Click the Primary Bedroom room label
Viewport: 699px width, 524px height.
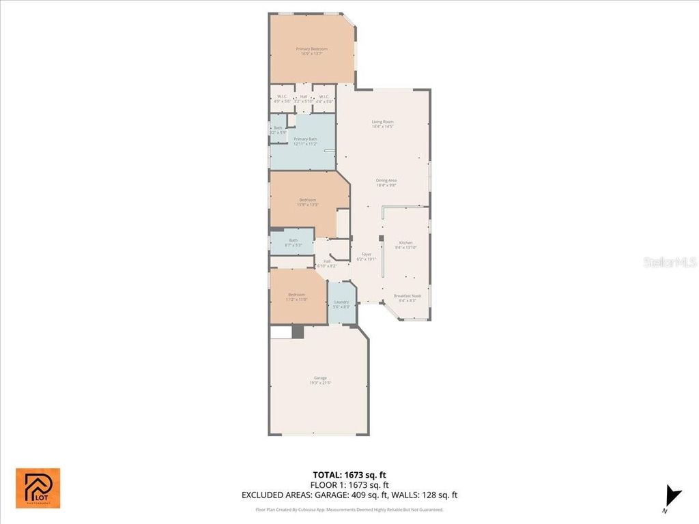tap(311, 51)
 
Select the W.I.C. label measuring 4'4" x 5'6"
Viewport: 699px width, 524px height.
tap(324, 98)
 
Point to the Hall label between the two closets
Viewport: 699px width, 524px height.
tap(303, 98)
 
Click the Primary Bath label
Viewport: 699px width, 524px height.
tap(305, 141)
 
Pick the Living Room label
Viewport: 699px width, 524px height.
tap(382, 124)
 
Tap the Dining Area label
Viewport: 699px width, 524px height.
tap(386, 182)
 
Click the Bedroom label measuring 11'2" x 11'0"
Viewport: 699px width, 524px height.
tap(296, 297)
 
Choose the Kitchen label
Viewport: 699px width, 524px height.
tap(405, 245)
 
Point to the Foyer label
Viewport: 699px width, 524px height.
tap(367, 257)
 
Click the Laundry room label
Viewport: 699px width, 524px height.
tap(341, 304)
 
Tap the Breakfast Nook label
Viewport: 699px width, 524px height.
tap(408, 298)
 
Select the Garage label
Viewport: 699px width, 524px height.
tap(320, 380)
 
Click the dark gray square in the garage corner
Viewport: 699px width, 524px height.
tap(298, 332)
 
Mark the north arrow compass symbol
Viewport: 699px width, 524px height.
tap(672, 497)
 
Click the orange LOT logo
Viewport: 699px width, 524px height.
tap(38, 488)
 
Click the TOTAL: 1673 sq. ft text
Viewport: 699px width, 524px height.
tap(351, 474)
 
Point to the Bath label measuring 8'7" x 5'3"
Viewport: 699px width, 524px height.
tap(293, 242)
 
